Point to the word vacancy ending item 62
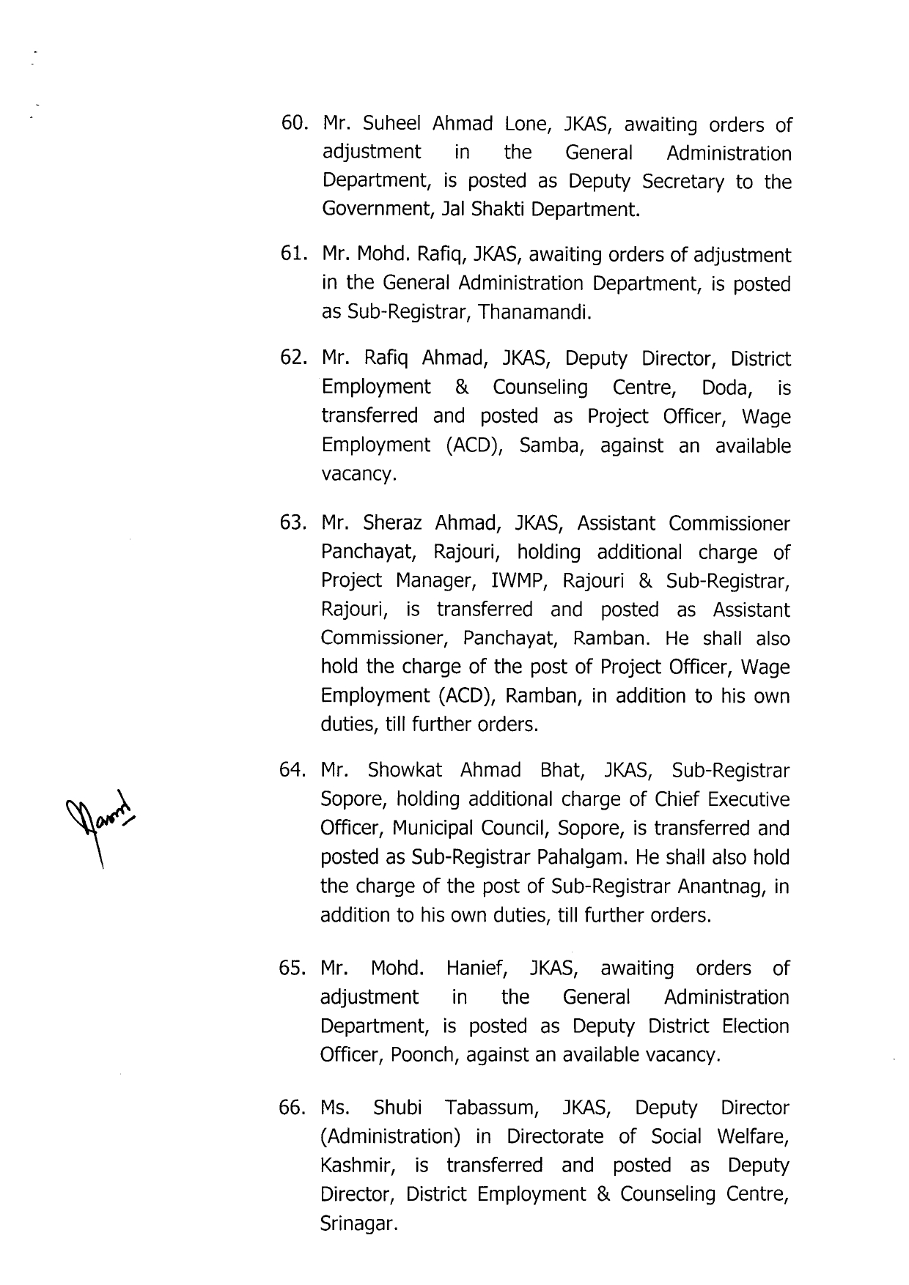(358, 474)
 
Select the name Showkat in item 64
(404, 771)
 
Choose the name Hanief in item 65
(477, 969)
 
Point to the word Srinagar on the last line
(358, 1224)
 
